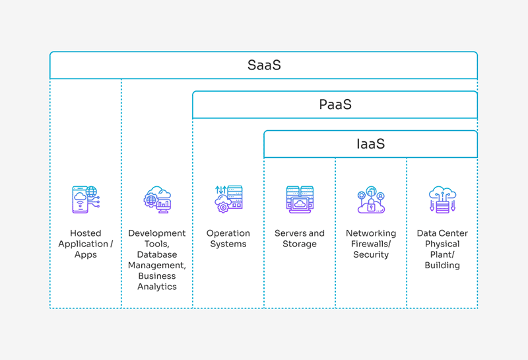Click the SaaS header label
click(x=264, y=65)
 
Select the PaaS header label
click(x=335, y=104)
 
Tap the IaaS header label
click(x=370, y=143)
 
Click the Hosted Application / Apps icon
click(x=86, y=199)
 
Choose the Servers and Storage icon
click(x=300, y=199)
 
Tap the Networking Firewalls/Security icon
click(x=371, y=199)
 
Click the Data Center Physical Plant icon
click(x=442, y=199)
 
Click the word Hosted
click(x=86, y=233)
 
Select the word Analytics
click(x=157, y=287)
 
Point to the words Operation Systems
click(x=228, y=238)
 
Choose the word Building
click(x=442, y=266)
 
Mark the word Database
click(x=157, y=254)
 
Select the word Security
click(x=371, y=255)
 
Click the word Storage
click(x=300, y=244)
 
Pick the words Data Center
click(x=442, y=233)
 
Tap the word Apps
click(x=86, y=255)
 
